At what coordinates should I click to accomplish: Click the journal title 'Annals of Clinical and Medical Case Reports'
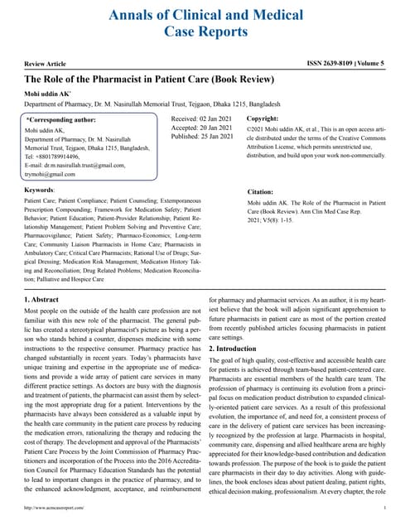click(x=205, y=22)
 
